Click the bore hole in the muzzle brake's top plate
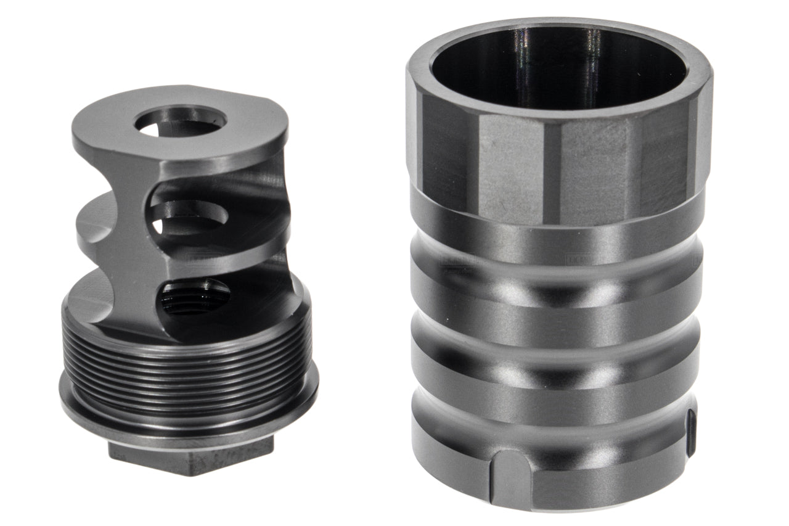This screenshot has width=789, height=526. coord(180,121)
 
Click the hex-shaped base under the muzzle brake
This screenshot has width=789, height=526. coord(191,458)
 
